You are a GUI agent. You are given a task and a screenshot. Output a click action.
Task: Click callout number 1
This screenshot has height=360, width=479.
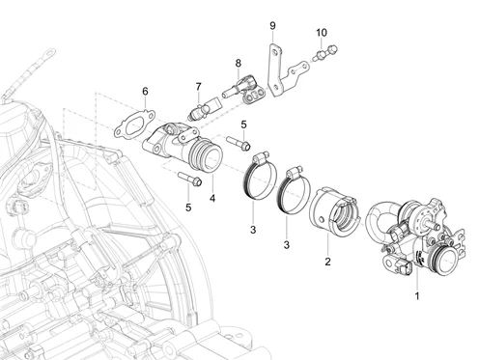[417, 295]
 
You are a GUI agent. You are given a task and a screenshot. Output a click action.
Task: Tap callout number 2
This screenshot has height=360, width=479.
[327, 262]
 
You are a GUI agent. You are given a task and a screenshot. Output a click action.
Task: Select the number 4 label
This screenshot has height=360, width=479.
[212, 198]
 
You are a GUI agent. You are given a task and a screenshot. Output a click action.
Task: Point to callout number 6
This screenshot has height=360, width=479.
[145, 92]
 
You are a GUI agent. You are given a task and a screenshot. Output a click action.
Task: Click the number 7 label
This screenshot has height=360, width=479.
[198, 87]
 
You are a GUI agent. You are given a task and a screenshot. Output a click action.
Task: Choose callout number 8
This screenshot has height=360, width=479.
[239, 63]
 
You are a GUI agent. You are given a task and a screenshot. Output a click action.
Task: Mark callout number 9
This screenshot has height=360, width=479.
[272, 26]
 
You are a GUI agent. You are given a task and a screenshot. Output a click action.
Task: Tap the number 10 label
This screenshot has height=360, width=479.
[322, 33]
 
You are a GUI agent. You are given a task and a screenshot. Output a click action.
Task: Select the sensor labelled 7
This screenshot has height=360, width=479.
[204, 108]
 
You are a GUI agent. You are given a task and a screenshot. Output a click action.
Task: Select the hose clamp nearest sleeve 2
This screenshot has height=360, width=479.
[294, 190]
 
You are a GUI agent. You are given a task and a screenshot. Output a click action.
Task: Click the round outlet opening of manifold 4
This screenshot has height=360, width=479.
[212, 160]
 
